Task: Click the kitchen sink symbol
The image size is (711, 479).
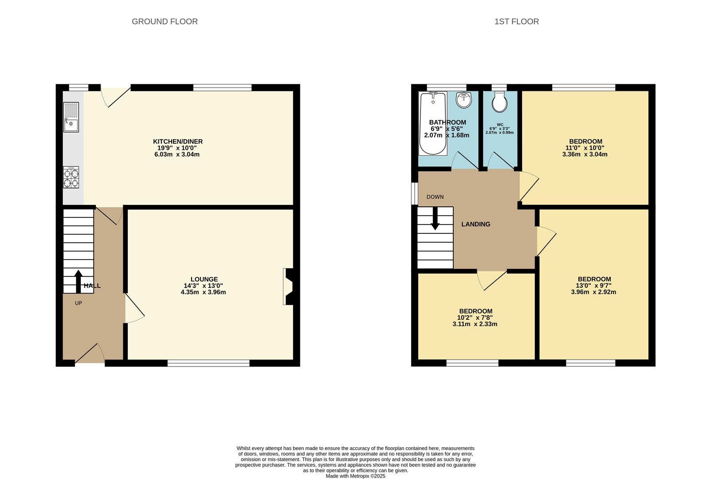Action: pos(71,118)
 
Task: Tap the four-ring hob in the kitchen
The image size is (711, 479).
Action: pos(71,177)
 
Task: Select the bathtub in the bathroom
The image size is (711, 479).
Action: pos(433,123)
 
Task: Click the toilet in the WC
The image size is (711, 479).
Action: pos(500,102)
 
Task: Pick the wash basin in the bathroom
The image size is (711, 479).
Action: pos(464,99)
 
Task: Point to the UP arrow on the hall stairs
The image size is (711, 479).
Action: pos(79,281)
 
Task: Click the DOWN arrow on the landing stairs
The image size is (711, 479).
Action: pos(435,218)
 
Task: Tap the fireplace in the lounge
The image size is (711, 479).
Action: pos(288,287)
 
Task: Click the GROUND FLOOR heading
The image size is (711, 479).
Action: pos(165,21)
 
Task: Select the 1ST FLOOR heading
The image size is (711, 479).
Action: pos(516,21)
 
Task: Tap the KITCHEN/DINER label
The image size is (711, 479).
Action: pos(178,141)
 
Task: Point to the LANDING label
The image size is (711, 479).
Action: pos(475,224)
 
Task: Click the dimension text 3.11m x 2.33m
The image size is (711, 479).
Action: pos(475,324)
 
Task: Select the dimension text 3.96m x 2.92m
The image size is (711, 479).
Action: pos(593,292)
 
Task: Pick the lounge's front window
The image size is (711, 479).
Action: pos(208,363)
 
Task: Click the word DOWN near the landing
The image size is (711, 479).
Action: pos(435,197)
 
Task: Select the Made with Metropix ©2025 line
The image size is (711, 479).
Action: pos(355,476)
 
